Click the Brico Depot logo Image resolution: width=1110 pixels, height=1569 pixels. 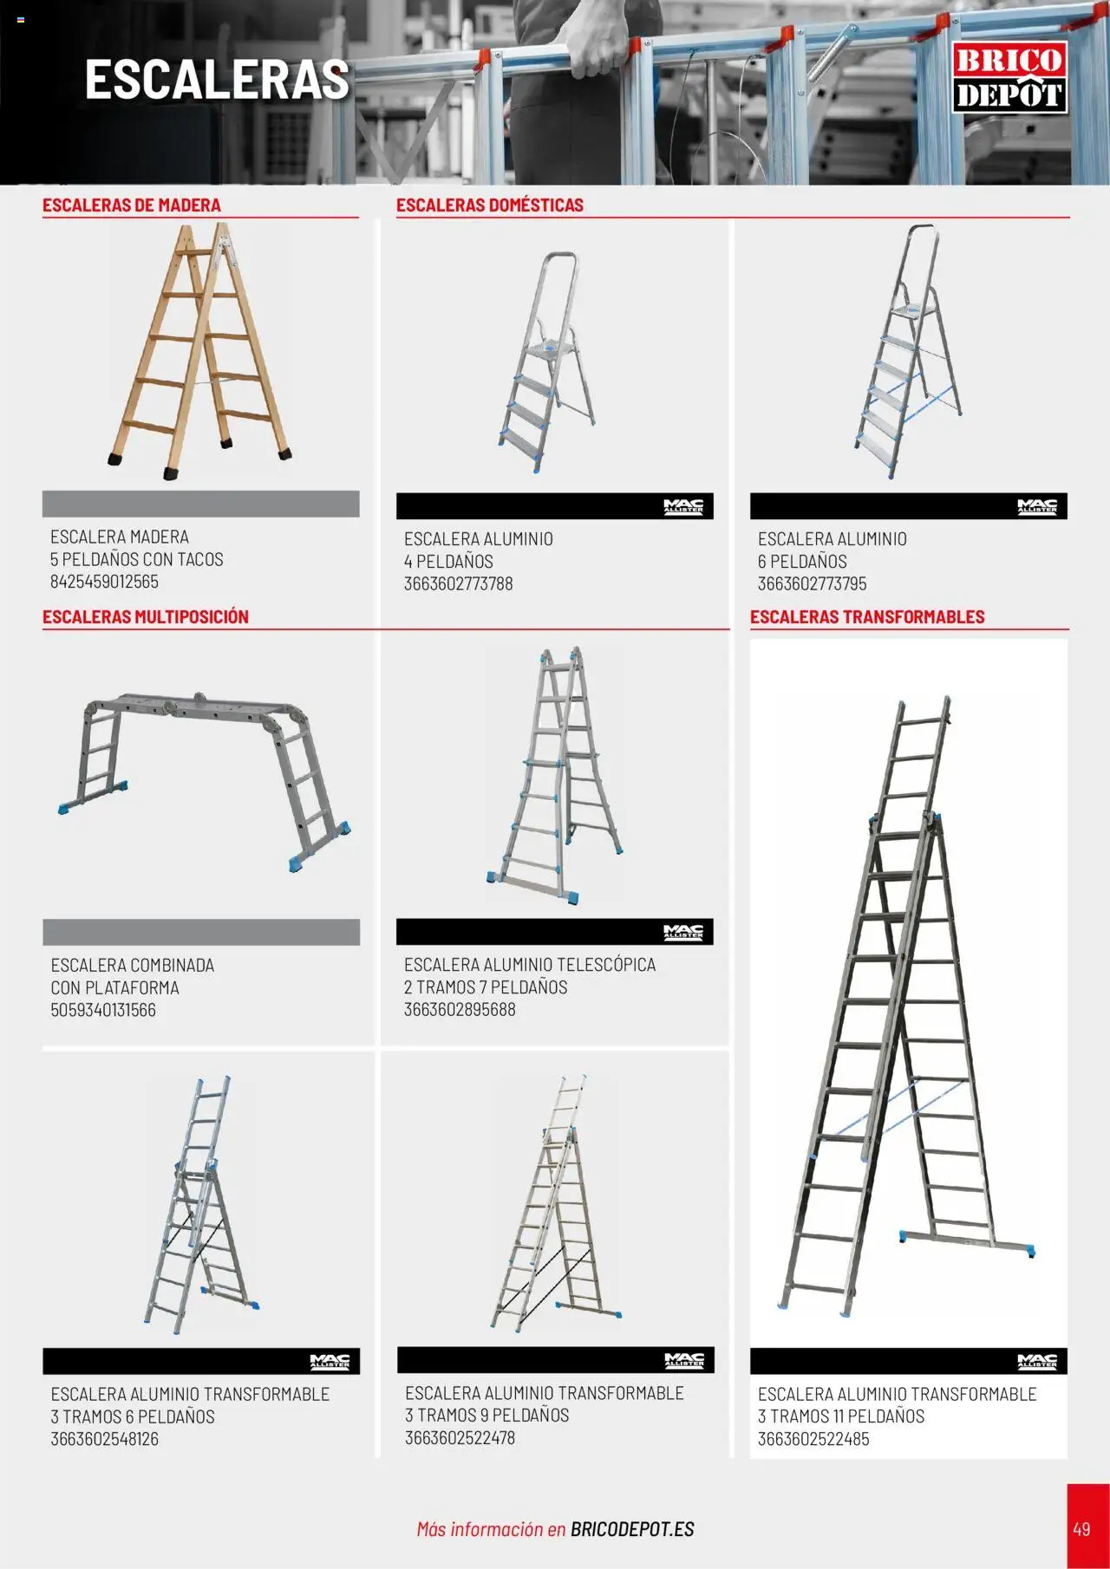(x=1009, y=78)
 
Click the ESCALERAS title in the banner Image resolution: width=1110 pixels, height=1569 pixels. (x=217, y=80)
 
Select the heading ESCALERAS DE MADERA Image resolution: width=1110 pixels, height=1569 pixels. (x=132, y=205)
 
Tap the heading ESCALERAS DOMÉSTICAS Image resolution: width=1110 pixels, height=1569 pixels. (x=490, y=205)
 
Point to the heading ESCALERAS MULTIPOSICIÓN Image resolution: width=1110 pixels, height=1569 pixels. (x=146, y=617)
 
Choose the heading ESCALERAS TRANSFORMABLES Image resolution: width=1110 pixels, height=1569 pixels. (x=867, y=617)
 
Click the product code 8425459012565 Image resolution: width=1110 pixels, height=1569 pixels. (x=104, y=582)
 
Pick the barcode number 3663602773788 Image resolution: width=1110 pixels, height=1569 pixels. (x=458, y=584)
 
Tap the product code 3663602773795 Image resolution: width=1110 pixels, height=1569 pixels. (x=812, y=584)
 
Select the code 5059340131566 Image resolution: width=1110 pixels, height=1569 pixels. (x=103, y=1010)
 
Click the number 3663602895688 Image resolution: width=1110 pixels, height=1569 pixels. (x=460, y=1010)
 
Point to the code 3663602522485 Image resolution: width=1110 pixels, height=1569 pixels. (x=813, y=1439)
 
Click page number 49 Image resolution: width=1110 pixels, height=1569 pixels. (x=1081, y=1528)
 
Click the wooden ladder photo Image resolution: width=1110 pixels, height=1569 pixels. (x=200, y=351)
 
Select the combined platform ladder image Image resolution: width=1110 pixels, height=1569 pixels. (x=204, y=780)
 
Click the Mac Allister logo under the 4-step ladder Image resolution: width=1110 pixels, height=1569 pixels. (x=683, y=506)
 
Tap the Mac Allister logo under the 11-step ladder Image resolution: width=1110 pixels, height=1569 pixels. (x=1037, y=1361)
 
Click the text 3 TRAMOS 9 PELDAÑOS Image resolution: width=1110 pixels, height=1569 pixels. (x=486, y=1416)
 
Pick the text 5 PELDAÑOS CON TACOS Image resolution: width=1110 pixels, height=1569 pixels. (x=136, y=559)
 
